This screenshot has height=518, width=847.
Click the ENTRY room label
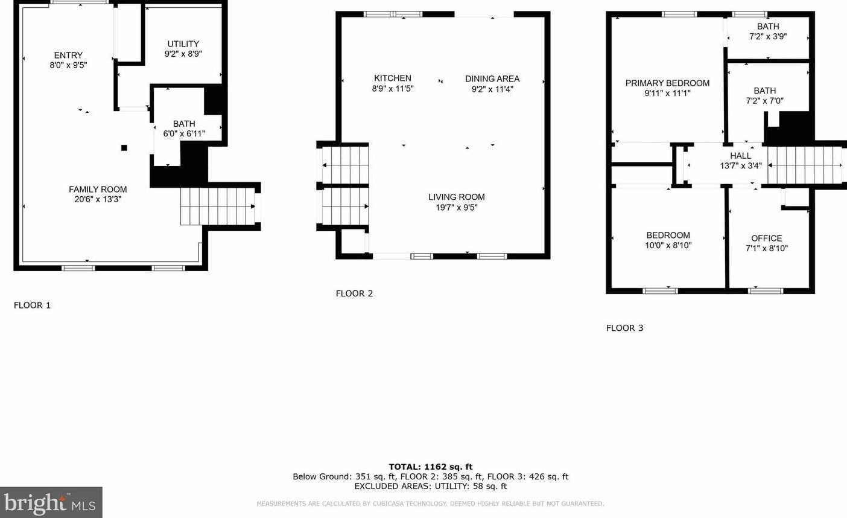point(68,55)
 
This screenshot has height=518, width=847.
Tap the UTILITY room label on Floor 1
point(183,43)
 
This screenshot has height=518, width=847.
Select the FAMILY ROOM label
point(98,189)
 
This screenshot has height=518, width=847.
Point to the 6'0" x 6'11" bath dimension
point(184,133)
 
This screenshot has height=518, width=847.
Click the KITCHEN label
point(393,78)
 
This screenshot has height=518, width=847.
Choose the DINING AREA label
point(492,78)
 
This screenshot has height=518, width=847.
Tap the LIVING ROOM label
point(457,197)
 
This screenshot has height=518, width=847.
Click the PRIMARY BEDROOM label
point(667,83)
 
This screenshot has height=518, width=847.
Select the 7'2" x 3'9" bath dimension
point(768,36)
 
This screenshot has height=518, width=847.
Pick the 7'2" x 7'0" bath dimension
point(765,101)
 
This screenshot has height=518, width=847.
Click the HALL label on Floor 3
point(741,155)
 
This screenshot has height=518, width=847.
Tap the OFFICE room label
point(767,238)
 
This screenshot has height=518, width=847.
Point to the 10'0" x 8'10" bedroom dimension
point(668,245)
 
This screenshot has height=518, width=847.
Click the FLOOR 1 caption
point(33,305)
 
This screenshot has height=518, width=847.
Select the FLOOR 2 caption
point(355,293)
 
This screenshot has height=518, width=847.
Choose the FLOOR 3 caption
point(625,328)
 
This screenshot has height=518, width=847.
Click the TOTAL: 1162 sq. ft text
point(431,466)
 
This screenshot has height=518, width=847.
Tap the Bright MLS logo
point(51,502)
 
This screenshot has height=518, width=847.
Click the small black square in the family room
point(124,147)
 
